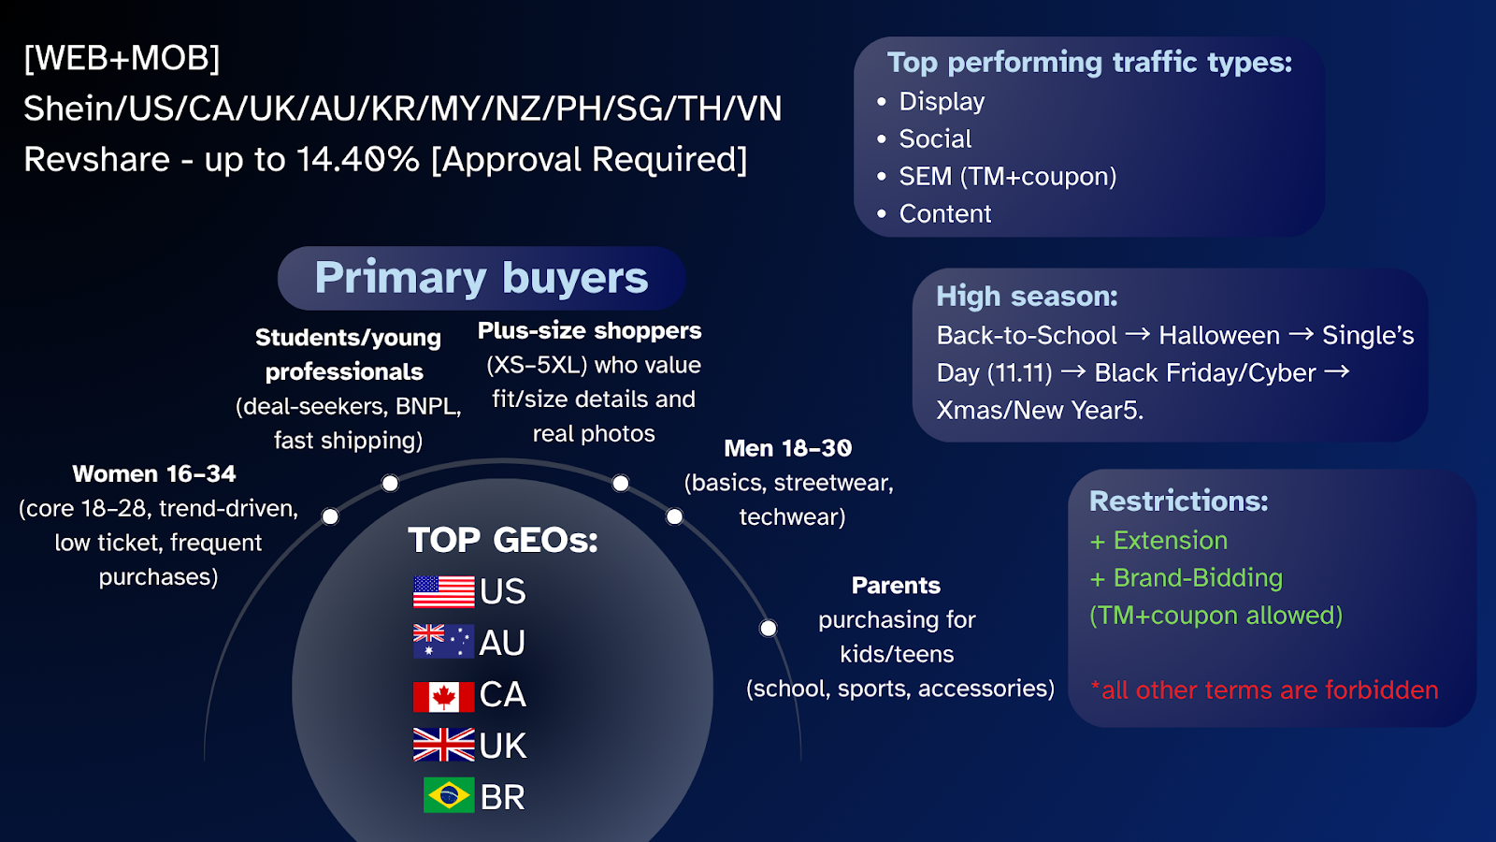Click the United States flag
point(443,591)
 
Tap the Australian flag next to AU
point(443,642)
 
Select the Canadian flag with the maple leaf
point(443,696)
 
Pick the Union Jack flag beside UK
point(443,745)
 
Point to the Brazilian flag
point(449,795)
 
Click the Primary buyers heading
point(482,278)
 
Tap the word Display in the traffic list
point(942,102)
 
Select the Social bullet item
point(935,139)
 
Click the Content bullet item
point(945,214)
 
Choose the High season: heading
point(1027,296)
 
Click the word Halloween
point(1219,335)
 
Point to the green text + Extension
point(1158,540)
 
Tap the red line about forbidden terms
point(1263,690)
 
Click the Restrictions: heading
point(1179,501)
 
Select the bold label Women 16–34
point(154,473)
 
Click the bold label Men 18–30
point(788,448)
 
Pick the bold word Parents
point(897,586)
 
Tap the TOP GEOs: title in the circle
point(503,540)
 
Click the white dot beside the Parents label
point(768,628)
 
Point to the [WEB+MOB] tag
point(122,58)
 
